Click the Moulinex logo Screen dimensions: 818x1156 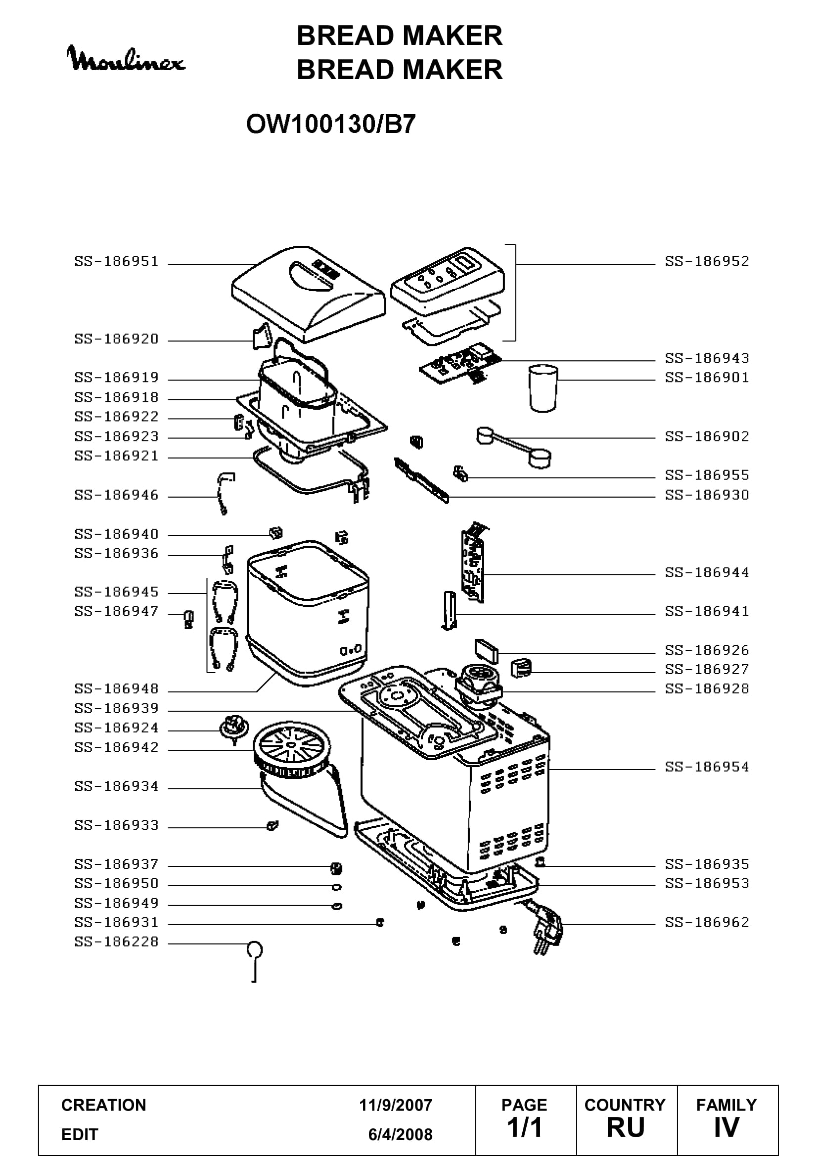[126, 58]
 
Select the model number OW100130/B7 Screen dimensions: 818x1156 [331, 124]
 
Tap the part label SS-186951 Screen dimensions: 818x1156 [116, 261]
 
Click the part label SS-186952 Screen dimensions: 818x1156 [707, 261]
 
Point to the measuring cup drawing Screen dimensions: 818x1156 [543, 388]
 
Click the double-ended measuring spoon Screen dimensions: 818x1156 [514, 447]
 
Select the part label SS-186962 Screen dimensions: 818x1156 [707, 922]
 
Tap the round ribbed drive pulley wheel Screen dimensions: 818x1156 [292, 752]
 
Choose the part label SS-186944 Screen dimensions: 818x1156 [707, 572]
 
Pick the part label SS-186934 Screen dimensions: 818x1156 [116, 786]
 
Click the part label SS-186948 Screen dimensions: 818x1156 [116, 688]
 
